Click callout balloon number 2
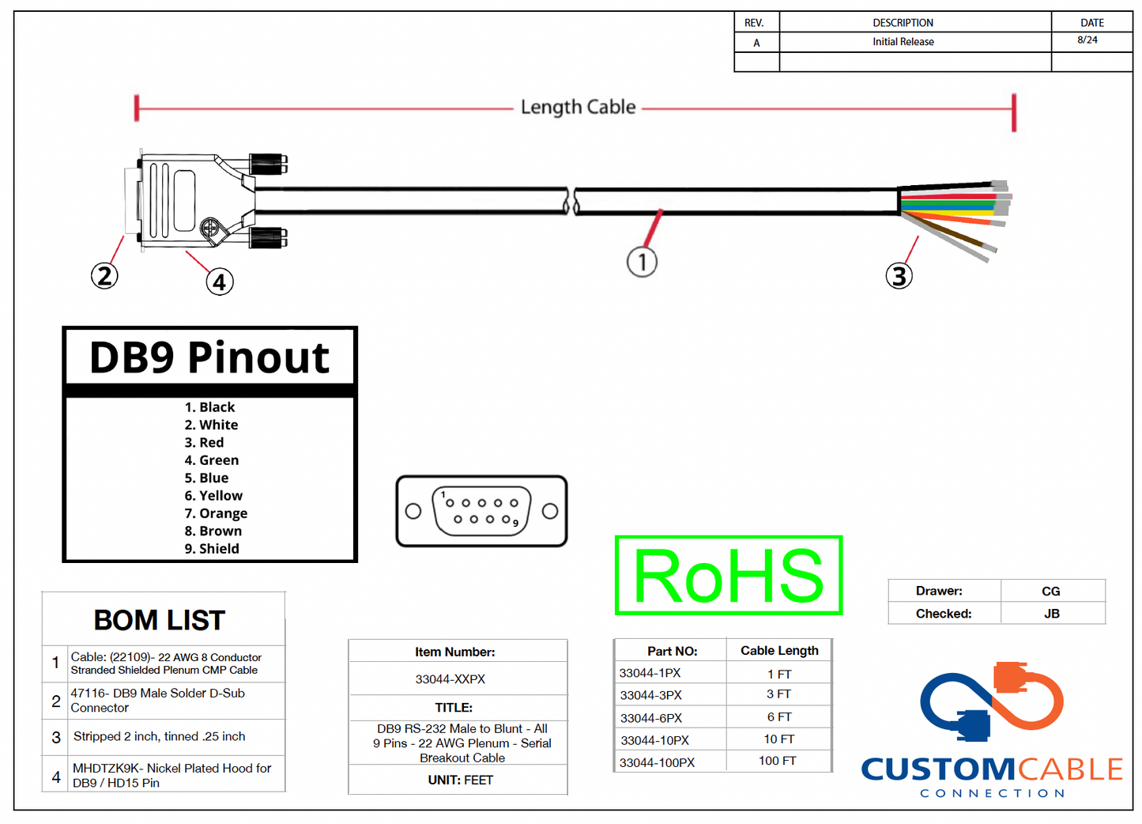(x=104, y=276)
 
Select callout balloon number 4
(x=220, y=282)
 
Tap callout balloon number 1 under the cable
(x=642, y=262)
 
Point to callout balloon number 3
(x=899, y=276)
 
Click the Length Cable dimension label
(x=578, y=107)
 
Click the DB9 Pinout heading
(x=209, y=357)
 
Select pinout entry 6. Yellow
(x=213, y=496)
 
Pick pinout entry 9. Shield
(x=212, y=549)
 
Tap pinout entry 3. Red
(x=204, y=443)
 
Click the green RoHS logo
(x=728, y=576)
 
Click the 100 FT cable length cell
(x=778, y=761)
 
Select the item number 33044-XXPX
(x=450, y=679)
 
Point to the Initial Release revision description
(x=903, y=42)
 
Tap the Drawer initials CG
(x=1050, y=592)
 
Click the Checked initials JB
(x=1051, y=614)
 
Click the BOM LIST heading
(x=160, y=621)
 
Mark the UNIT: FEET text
(x=461, y=781)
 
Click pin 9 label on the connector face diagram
(x=515, y=524)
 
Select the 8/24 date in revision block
(x=1087, y=40)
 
